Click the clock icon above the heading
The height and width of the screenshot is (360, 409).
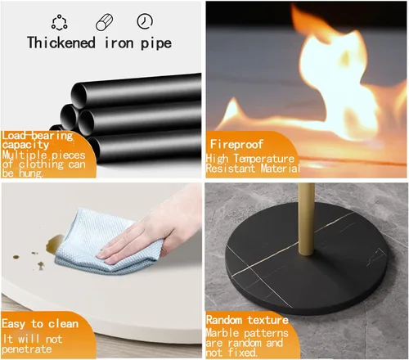pyautogui.click(x=145, y=21)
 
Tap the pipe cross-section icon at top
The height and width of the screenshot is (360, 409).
pyautogui.click(x=104, y=22)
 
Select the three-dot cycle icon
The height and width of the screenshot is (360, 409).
pyautogui.click(x=59, y=22)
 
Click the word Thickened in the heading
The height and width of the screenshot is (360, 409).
pyautogui.click(x=61, y=43)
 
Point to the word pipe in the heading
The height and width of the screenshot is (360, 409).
pyautogui.click(x=156, y=44)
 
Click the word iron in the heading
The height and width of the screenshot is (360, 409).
pyautogui.click(x=119, y=43)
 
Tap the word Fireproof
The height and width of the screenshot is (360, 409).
pyautogui.click(x=236, y=144)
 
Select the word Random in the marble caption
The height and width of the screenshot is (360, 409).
pyautogui.click(x=224, y=320)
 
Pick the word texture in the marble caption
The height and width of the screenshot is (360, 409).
pyautogui.click(x=267, y=320)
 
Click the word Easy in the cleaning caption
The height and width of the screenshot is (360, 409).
pyautogui.click(x=13, y=324)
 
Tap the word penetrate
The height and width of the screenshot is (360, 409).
pyautogui.click(x=27, y=349)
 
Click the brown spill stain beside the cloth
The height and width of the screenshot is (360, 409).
pyautogui.click(x=54, y=243)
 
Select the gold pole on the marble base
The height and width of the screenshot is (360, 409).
pyautogui.click(x=306, y=219)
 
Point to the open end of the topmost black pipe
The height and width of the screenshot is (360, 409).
pyautogui.click(x=79, y=96)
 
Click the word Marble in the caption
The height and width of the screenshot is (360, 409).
pyautogui.click(x=222, y=333)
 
